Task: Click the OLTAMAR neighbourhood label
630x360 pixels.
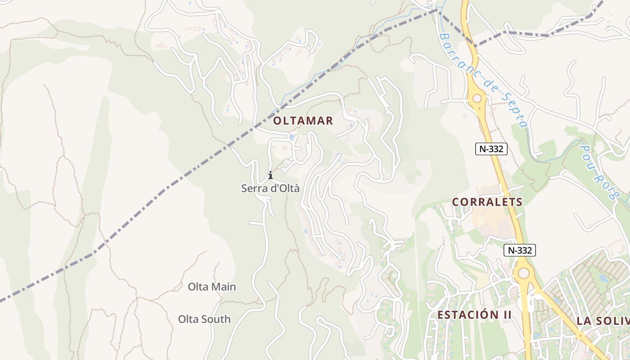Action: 303,121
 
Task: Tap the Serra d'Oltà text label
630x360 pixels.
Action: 270,189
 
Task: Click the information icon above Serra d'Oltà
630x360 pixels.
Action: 270,175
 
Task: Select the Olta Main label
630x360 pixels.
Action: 211,287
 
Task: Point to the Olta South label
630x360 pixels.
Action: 204,319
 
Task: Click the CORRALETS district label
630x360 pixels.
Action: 487,202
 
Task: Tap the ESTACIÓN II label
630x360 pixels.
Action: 474,315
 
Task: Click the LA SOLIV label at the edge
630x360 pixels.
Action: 603,321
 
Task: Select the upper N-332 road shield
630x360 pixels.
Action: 491,148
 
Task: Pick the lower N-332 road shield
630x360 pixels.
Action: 520,250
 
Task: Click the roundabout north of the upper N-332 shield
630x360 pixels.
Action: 477,98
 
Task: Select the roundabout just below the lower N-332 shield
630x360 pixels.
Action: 523,273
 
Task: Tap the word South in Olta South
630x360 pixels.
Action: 216,319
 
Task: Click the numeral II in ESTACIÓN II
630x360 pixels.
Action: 507,315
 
